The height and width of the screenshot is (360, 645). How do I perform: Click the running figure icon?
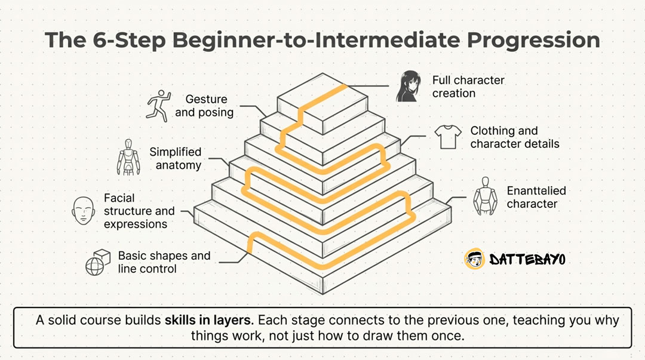click(159, 106)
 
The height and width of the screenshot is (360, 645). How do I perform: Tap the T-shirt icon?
click(448, 137)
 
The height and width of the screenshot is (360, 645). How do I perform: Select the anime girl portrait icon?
click(408, 87)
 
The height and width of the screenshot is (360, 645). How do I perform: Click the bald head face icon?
click(84, 210)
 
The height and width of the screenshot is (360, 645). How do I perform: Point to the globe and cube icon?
click(98, 262)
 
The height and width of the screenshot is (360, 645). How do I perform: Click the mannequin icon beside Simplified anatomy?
click(128, 157)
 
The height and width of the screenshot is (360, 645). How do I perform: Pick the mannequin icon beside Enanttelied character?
click(486, 196)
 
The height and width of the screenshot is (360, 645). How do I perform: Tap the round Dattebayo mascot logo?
click(474, 259)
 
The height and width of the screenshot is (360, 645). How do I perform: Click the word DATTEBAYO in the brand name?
click(527, 259)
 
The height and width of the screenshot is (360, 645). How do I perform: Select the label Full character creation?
click(468, 87)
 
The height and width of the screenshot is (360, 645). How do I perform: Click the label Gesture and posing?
click(204, 106)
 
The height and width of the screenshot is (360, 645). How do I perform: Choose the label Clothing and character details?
click(515, 137)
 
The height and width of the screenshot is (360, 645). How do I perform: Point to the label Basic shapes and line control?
click(164, 262)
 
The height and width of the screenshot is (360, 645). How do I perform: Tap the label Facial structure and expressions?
click(139, 211)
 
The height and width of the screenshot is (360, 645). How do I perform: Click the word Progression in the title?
click(533, 41)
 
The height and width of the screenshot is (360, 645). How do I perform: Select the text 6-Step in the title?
click(129, 41)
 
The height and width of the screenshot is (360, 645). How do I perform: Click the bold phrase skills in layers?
click(208, 320)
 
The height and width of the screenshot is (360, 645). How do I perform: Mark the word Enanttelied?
click(536, 190)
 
